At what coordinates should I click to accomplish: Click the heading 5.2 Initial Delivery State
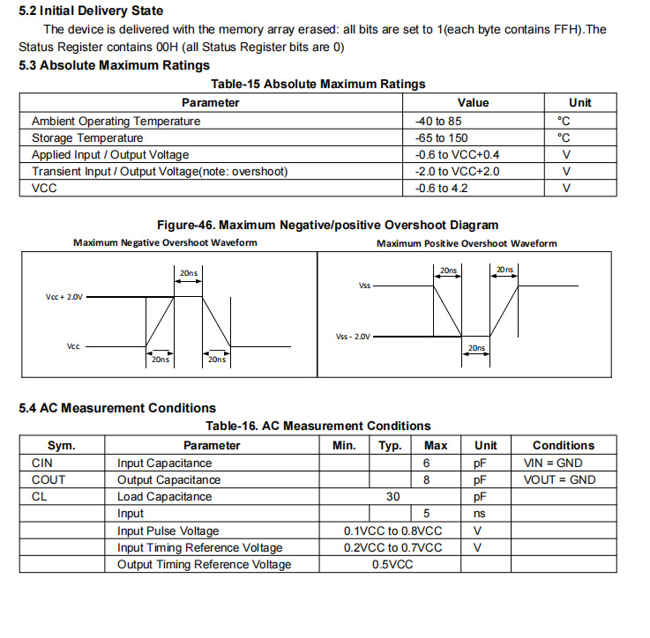pyautogui.click(x=91, y=11)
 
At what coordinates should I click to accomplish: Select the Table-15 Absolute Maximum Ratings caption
pyautogui.click(x=318, y=84)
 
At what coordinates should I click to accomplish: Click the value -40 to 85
pyautogui.click(x=438, y=121)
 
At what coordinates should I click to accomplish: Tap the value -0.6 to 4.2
pyautogui.click(x=441, y=188)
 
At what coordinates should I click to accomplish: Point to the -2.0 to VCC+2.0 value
pyautogui.click(x=457, y=171)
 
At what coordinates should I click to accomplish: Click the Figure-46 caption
pyautogui.click(x=327, y=225)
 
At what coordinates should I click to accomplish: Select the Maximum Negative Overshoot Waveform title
pyautogui.click(x=165, y=242)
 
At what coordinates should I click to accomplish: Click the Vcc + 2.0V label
pyautogui.click(x=64, y=298)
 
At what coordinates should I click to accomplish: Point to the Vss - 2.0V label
pyautogui.click(x=354, y=337)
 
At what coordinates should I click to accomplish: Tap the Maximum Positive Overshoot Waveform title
pyautogui.click(x=467, y=243)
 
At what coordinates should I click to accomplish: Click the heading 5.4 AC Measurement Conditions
pyautogui.click(x=117, y=408)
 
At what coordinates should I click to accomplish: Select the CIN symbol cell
pyautogui.click(x=42, y=463)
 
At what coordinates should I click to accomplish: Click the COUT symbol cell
pyautogui.click(x=49, y=479)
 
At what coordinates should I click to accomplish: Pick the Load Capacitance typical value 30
pyautogui.click(x=392, y=496)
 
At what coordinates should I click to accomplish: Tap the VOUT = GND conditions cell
pyautogui.click(x=559, y=479)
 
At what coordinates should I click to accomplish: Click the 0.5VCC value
pyautogui.click(x=392, y=564)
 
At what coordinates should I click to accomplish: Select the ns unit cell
pyautogui.click(x=480, y=513)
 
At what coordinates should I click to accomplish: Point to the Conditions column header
pyautogui.click(x=564, y=446)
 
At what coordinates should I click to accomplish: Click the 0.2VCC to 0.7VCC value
pyautogui.click(x=392, y=547)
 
